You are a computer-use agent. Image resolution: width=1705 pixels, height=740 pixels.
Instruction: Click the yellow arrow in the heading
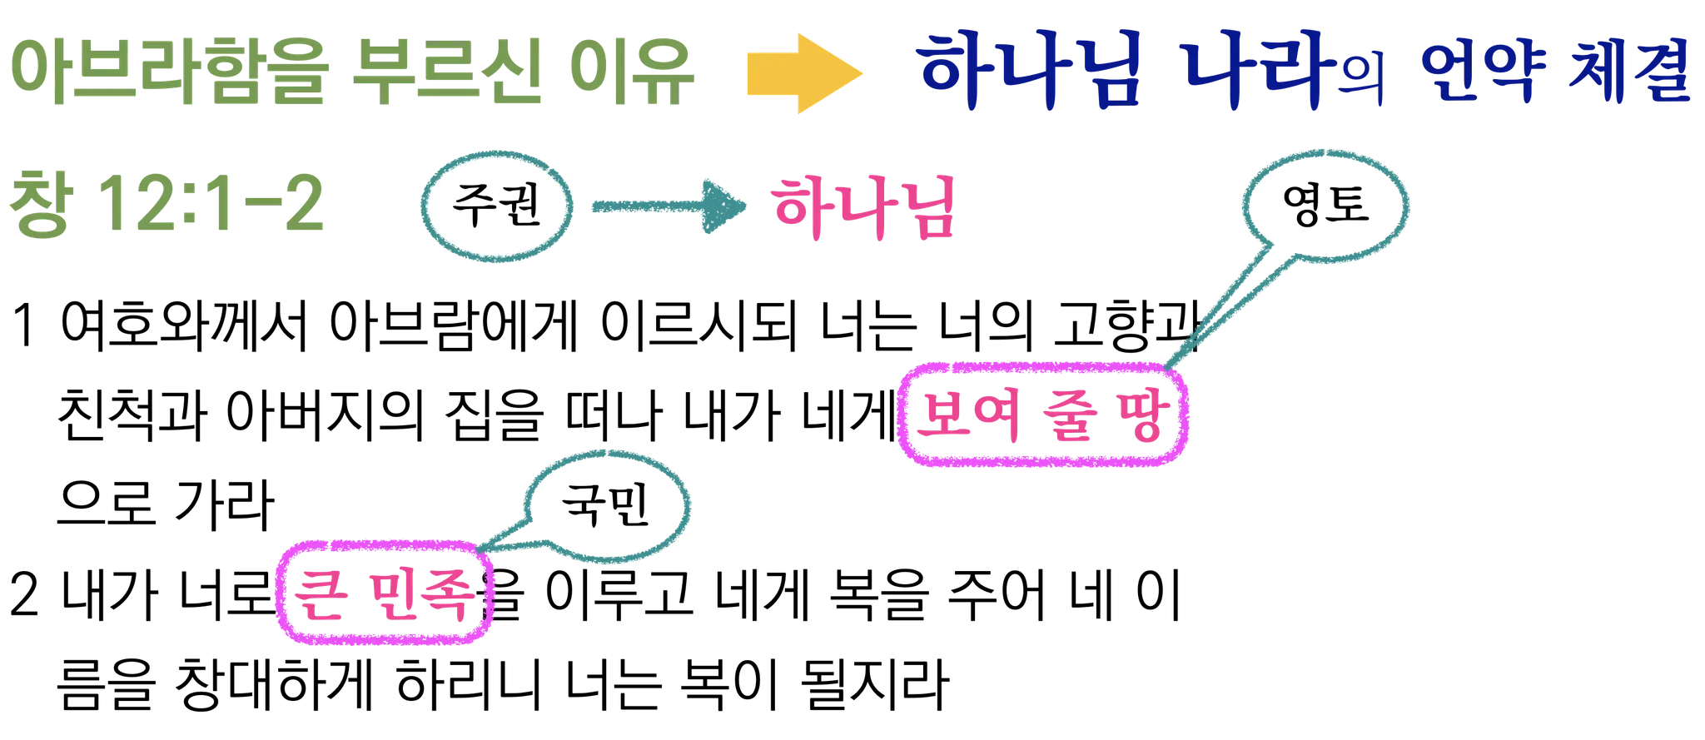(803, 73)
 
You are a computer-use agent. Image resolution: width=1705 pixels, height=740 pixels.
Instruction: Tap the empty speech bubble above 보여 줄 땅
(1325, 204)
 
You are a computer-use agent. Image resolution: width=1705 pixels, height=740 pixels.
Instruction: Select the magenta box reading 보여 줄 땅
(1043, 414)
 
